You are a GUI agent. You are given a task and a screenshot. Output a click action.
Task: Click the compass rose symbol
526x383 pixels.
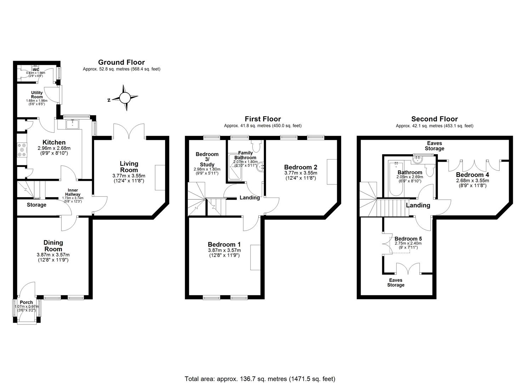[124, 98]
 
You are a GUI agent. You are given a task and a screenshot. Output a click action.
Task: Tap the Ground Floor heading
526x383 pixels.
[121, 62]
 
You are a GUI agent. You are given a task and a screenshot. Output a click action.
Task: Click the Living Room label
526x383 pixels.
[129, 167]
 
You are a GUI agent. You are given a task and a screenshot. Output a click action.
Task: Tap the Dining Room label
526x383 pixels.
[53, 246]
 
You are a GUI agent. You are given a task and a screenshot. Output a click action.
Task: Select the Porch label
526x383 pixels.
[27, 302]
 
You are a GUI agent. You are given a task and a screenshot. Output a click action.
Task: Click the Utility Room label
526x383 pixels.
[37, 95]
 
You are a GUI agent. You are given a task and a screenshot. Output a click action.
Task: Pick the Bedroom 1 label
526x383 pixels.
[224, 244]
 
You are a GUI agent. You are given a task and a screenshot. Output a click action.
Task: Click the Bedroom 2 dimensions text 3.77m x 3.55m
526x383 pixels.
[300, 173]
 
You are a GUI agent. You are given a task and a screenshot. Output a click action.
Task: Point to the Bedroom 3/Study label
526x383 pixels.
[207, 159]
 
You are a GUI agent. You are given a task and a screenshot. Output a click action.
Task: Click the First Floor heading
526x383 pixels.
[262, 119]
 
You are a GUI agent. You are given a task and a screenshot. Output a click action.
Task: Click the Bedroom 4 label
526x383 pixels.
[472, 175]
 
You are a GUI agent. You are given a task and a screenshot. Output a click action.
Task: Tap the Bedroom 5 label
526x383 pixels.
[408, 239]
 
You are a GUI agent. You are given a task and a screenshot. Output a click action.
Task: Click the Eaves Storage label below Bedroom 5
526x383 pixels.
[395, 282]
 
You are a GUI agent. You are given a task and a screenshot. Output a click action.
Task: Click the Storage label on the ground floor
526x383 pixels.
[36, 205]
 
